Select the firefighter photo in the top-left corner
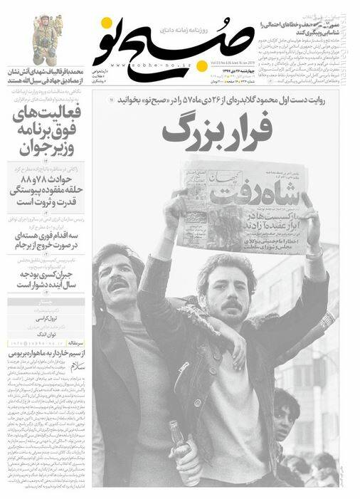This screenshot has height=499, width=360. pyautogui.click(x=44, y=39)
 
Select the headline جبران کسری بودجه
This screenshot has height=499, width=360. pyautogui.click(x=46, y=278)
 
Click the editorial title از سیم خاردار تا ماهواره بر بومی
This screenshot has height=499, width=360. pyautogui.click(x=46, y=354)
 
